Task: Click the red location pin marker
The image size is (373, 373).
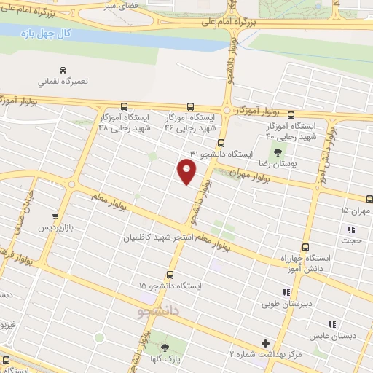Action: (x=187, y=172)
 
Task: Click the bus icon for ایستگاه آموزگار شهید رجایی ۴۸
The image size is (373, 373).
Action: (x=122, y=106)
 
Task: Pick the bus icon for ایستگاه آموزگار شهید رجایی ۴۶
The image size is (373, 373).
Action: (x=191, y=106)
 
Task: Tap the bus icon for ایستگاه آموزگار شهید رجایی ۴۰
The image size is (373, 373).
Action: (x=291, y=115)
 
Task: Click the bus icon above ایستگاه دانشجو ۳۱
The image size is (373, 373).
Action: (x=221, y=144)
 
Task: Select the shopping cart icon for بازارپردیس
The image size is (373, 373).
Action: (x=56, y=216)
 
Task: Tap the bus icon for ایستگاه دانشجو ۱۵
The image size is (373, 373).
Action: (x=170, y=275)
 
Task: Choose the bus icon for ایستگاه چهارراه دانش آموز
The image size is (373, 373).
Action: (x=305, y=246)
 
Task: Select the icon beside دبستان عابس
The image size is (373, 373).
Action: (x=332, y=324)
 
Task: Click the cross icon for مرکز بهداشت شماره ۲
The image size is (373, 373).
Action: (x=265, y=342)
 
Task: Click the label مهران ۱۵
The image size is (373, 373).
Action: (x=356, y=211)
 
